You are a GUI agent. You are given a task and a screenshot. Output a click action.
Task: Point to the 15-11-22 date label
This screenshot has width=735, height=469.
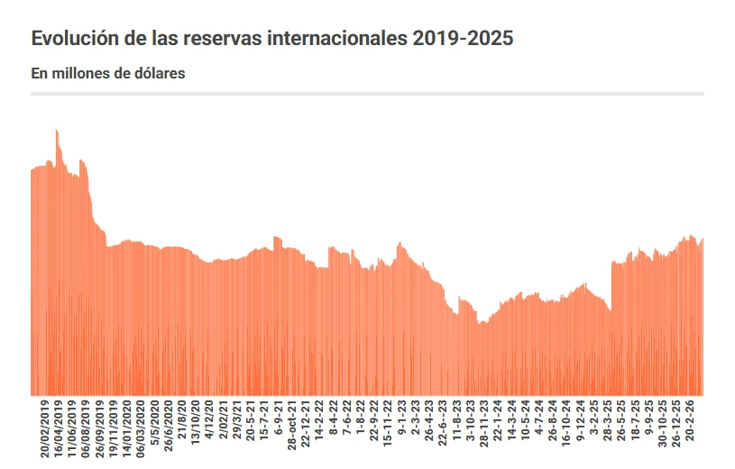388,424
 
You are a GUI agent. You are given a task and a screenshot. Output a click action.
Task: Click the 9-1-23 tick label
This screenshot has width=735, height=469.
401,420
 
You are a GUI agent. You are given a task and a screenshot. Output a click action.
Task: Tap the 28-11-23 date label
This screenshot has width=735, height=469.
483,424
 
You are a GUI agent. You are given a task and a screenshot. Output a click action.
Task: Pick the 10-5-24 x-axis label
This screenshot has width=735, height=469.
525,422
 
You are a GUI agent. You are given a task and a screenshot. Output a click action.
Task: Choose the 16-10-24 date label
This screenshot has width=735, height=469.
566,424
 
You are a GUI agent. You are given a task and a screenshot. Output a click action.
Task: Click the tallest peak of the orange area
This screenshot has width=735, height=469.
56,130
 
